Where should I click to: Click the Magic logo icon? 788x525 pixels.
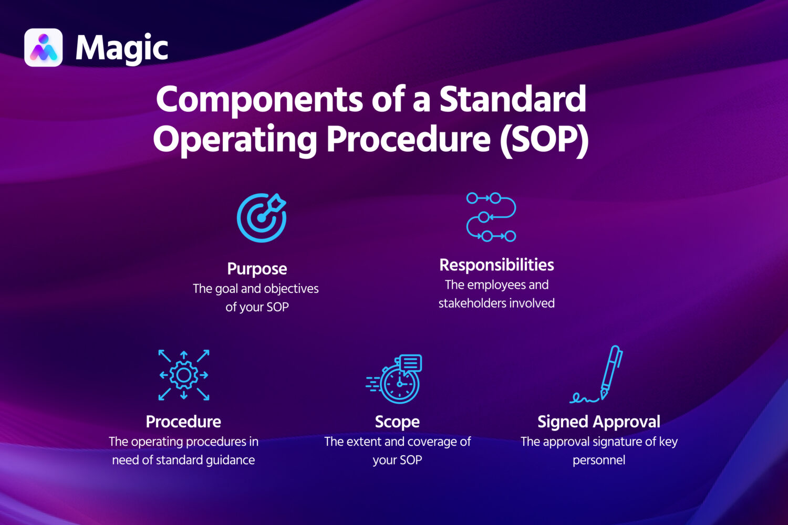pyautogui.click(x=44, y=48)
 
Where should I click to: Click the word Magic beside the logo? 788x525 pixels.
pyautogui.click(x=121, y=48)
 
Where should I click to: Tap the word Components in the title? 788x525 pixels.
pyautogui.click(x=259, y=99)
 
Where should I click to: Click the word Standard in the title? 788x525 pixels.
pyautogui.click(x=512, y=99)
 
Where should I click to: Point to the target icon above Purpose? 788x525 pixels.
pyautogui.click(x=261, y=217)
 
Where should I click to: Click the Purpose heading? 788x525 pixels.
pyautogui.click(x=257, y=269)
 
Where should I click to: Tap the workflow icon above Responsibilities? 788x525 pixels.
pyautogui.click(x=491, y=217)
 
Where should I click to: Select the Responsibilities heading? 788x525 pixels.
pyautogui.click(x=496, y=265)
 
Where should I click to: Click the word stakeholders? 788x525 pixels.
pyautogui.click(x=471, y=303)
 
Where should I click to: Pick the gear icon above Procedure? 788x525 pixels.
pyautogui.click(x=184, y=375)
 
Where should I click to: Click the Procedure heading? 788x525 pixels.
pyautogui.click(x=183, y=422)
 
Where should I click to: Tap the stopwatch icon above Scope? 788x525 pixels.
pyautogui.click(x=396, y=379)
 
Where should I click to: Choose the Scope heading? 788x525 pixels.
pyautogui.click(x=397, y=422)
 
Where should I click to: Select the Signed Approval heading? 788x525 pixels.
pyautogui.click(x=599, y=422)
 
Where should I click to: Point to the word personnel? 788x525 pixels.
pyautogui.click(x=599, y=460)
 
